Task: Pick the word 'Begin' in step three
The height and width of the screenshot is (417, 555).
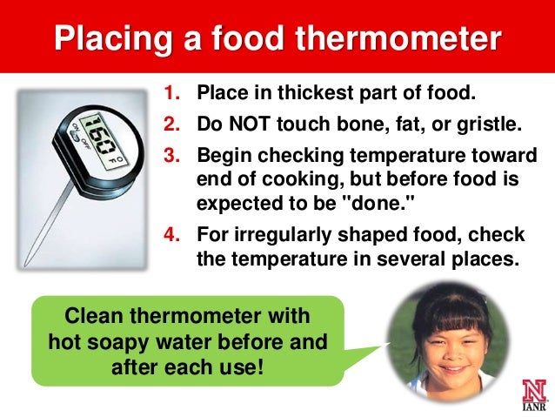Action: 221,157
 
